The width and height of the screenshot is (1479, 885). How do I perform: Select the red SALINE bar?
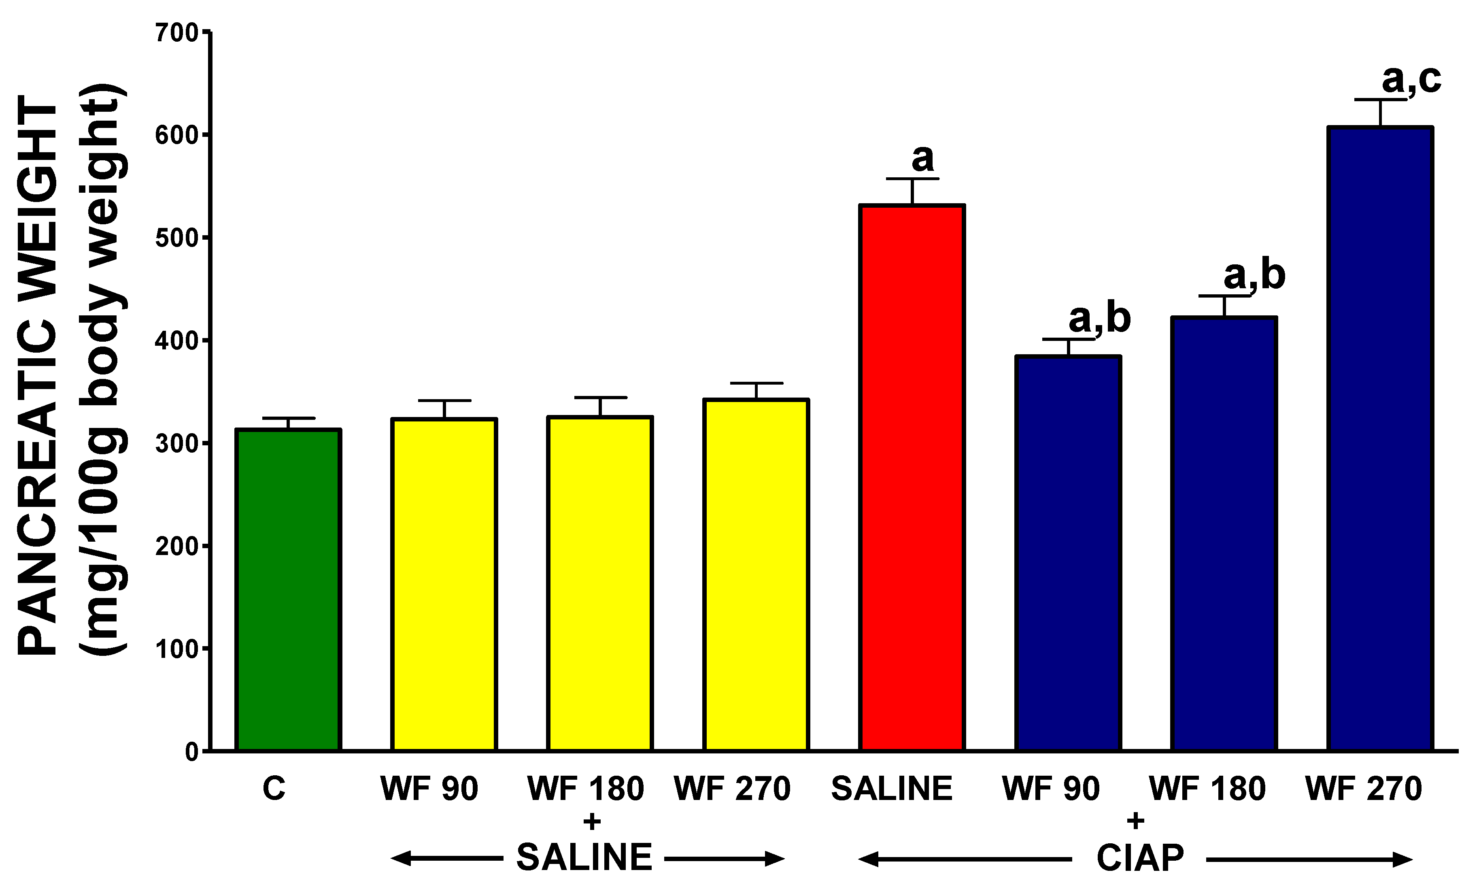[x=912, y=477]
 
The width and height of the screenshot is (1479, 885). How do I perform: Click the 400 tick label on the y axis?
[x=176, y=340]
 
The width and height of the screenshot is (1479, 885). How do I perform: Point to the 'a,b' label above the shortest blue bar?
[x=1099, y=319]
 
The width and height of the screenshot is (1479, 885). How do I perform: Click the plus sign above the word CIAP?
[x=1136, y=821]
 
